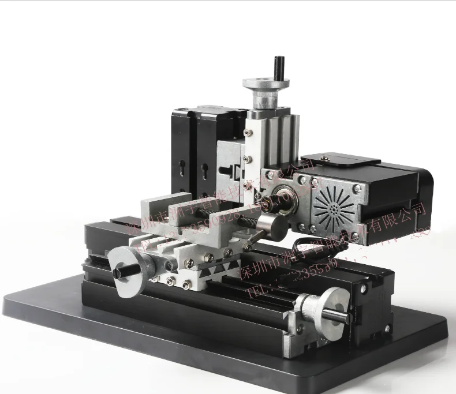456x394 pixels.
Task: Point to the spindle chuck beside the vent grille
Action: pyautogui.click(x=285, y=200)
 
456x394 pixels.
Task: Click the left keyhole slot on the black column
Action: pyautogui.click(x=183, y=169)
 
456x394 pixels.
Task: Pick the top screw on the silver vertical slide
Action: pyautogui.click(x=249, y=133)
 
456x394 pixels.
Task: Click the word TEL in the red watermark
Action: pyautogui.click(x=255, y=291)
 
